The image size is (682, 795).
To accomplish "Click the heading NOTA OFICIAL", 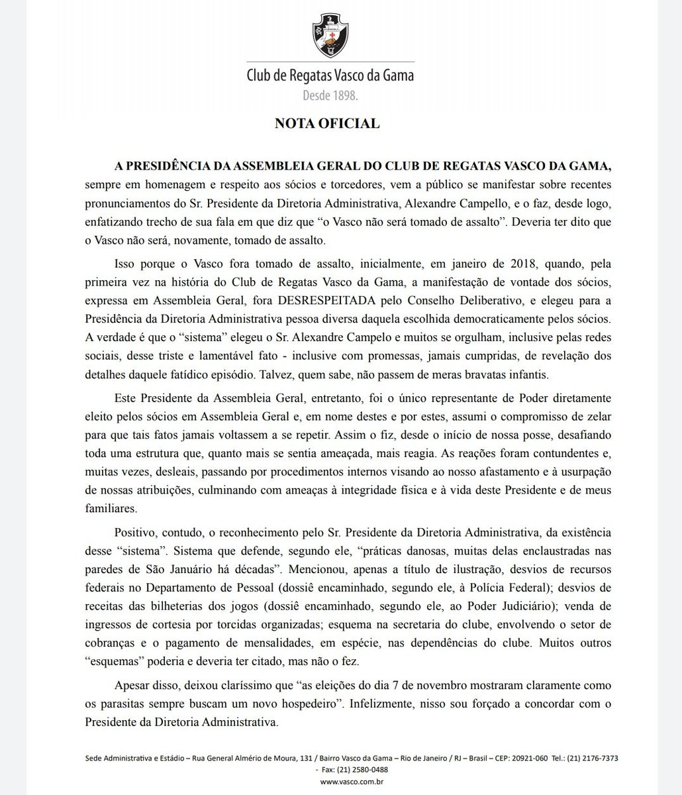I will pos(341,123).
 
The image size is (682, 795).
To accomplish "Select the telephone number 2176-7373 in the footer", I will pos(597,757).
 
